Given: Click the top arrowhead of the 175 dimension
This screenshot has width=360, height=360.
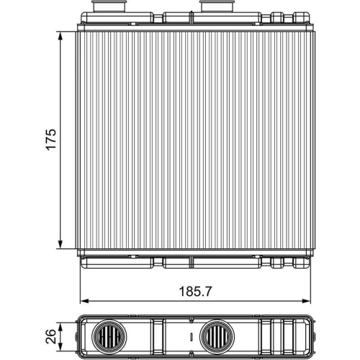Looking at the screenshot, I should click(59, 33).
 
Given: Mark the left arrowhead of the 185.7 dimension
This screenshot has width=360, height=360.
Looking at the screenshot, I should click(80, 300).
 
